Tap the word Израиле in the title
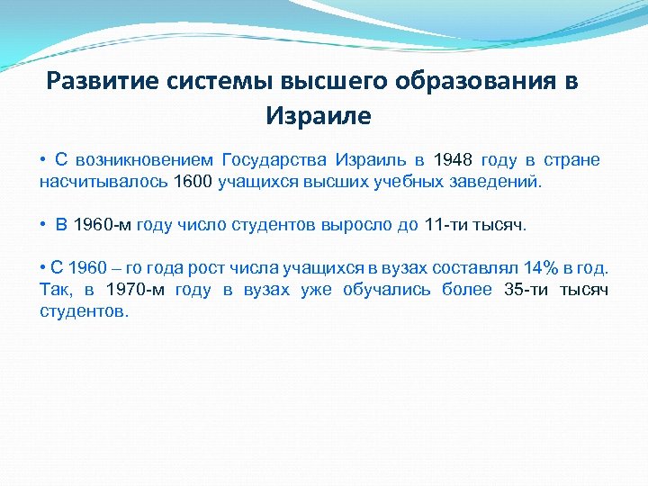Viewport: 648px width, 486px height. (318, 116)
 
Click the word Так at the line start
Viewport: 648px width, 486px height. (55, 290)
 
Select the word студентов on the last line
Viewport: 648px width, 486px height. (84, 310)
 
